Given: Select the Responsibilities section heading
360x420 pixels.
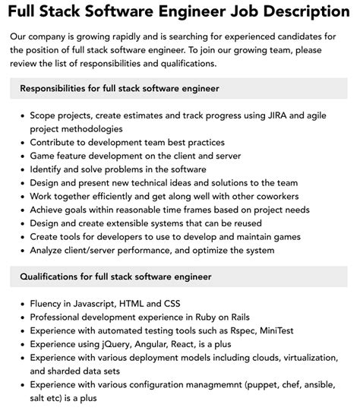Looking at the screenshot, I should click(x=119, y=89).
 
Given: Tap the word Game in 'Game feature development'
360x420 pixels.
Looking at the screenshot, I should click(x=45, y=155).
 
